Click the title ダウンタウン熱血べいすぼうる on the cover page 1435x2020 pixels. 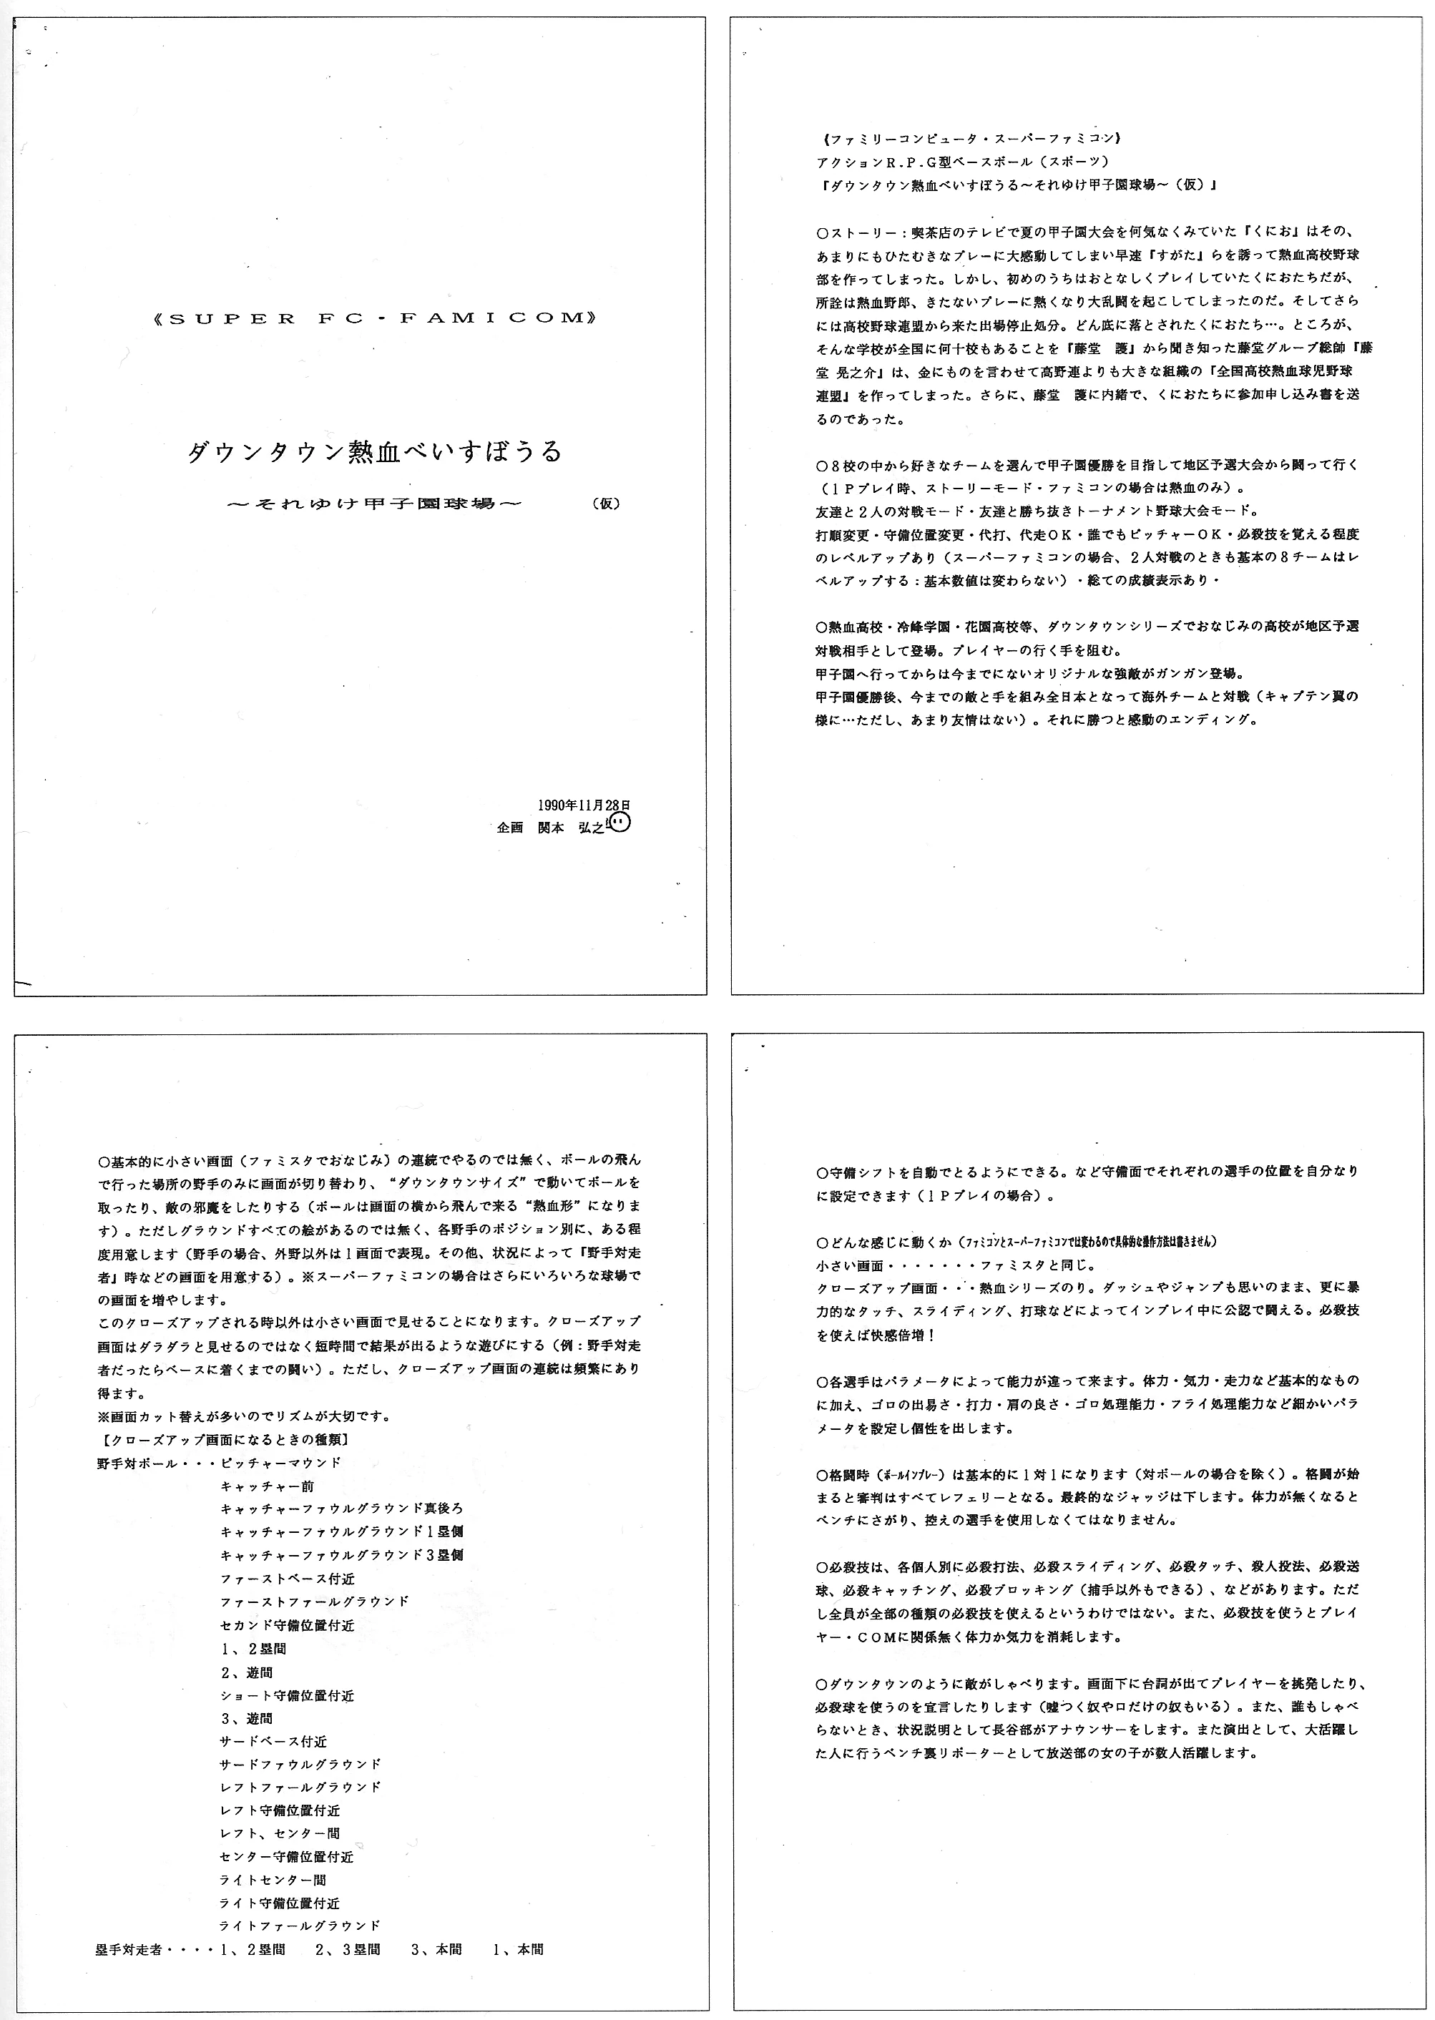point(375,452)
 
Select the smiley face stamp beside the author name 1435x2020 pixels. point(621,823)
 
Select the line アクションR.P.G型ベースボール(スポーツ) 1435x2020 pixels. point(959,162)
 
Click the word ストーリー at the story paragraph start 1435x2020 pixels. point(858,232)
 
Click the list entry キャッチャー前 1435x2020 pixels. point(255,1486)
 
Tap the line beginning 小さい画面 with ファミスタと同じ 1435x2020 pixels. point(955,1265)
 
